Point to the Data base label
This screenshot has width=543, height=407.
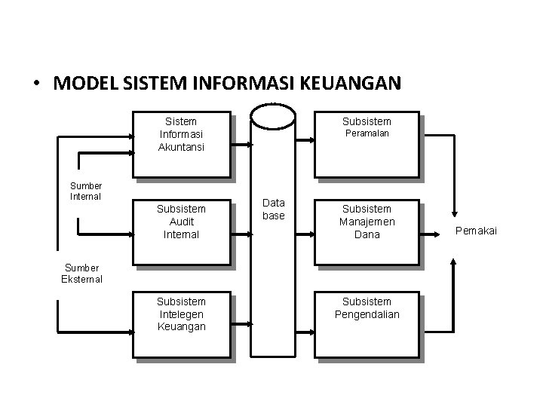(x=274, y=209)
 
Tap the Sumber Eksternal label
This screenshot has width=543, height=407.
(x=81, y=273)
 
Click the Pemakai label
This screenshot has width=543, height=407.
(x=476, y=230)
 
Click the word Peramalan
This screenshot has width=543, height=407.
(x=367, y=134)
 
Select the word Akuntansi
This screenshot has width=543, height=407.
(x=182, y=147)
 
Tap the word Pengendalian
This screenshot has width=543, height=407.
(x=367, y=314)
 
